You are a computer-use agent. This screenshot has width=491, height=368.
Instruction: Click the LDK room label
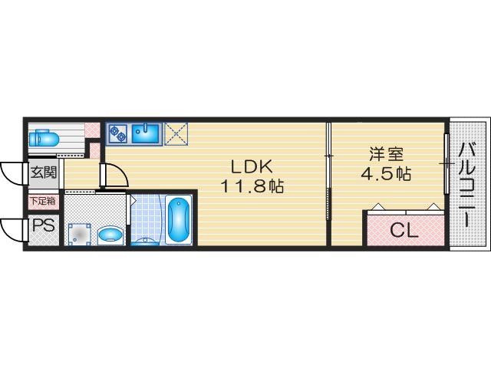pos(252,166)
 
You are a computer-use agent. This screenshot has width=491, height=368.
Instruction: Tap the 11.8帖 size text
pos(252,186)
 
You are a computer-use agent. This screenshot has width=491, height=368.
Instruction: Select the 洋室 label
pos(387,153)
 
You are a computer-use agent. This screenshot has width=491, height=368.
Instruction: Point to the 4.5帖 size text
pos(386,174)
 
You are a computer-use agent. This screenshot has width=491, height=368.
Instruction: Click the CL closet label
pos(404,231)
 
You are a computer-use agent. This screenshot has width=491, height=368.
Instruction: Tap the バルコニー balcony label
pos(467,185)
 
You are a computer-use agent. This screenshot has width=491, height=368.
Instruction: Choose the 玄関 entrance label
pos(44,172)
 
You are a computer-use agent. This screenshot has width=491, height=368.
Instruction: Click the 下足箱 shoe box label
pos(44,201)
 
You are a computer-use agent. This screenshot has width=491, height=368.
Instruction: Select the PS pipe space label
pos(44,225)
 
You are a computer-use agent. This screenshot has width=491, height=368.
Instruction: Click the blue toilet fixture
pos(44,138)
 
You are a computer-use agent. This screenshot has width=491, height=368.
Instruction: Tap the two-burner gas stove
pos(117,133)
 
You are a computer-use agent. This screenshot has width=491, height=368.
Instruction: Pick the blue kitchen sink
pos(145,133)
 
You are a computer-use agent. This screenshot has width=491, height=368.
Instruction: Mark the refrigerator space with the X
pos(176,133)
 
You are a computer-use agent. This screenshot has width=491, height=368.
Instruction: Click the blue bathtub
pos(179,219)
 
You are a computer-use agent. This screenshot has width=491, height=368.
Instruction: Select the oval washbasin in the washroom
pos(110,234)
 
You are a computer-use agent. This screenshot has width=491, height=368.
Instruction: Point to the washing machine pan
pos(80,233)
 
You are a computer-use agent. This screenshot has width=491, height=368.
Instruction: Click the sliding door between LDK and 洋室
pos(328,172)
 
